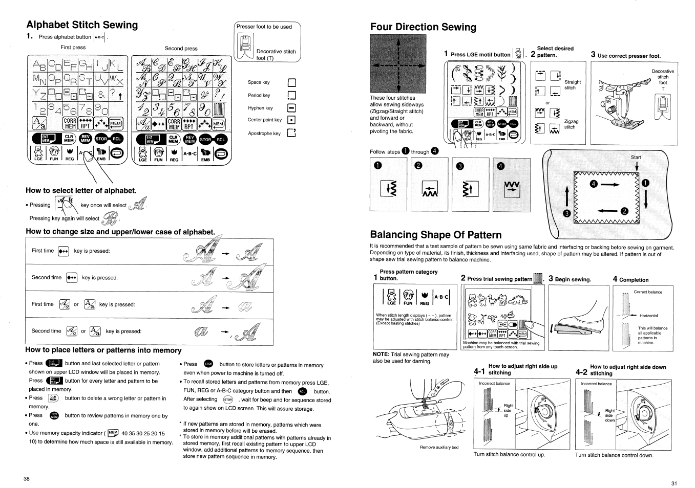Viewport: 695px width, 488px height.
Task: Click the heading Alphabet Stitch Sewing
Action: point(82,25)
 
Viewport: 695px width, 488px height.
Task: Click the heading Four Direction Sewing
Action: point(423,27)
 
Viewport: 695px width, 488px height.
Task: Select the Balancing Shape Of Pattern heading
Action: point(435,235)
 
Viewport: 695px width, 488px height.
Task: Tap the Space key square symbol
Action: point(292,83)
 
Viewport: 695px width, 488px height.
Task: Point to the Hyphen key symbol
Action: point(292,108)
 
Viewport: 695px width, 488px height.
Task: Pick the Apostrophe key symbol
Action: point(292,134)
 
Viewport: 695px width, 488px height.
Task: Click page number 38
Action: point(27,479)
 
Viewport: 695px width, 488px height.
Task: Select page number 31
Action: point(674,483)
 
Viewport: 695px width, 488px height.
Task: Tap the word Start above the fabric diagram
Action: point(636,158)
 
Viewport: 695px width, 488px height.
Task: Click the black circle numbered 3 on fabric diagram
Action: point(566,213)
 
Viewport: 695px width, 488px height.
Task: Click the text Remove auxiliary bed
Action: point(439,447)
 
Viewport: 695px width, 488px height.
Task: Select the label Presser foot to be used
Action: point(264,27)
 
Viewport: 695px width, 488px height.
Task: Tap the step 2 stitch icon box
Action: point(430,188)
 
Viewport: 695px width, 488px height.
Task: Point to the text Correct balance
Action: point(648,292)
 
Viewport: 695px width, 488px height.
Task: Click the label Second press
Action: point(181,49)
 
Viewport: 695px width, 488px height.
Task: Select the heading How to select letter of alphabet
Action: point(81,191)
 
